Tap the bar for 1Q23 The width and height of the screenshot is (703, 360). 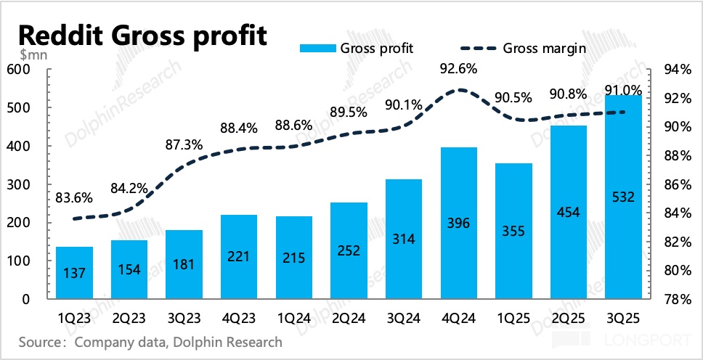coord(74,273)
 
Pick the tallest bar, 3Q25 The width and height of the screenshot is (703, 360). coord(623,197)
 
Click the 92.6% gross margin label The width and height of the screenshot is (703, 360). coord(460,70)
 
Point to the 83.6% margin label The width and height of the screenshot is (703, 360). coord(74,197)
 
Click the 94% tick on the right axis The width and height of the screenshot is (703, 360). coord(678,70)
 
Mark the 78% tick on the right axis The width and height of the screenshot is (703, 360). coord(678,299)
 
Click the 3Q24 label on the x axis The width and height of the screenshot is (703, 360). coord(405,317)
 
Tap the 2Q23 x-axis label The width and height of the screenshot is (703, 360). coord(129,317)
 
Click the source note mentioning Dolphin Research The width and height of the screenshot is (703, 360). coord(150,341)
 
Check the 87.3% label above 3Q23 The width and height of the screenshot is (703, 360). coord(184,144)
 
